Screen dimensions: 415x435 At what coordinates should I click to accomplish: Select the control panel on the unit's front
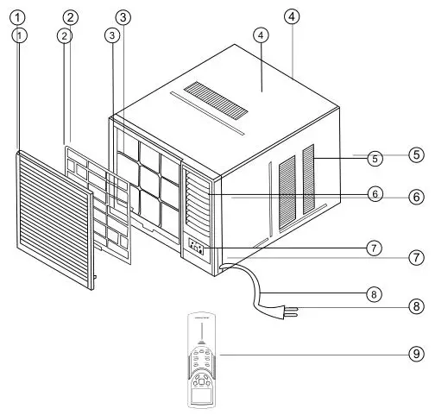coord(198,249)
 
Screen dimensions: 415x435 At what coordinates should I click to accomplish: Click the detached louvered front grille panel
coord(53,216)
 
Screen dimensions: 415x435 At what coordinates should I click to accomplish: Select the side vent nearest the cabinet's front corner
coord(286,193)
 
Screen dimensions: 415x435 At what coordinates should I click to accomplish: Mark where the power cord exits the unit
coord(222,269)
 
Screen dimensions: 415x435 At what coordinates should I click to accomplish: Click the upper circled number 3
coord(125,16)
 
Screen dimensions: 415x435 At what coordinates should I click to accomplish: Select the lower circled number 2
coord(64,35)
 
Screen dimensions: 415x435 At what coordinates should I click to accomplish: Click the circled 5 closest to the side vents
coord(375,158)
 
